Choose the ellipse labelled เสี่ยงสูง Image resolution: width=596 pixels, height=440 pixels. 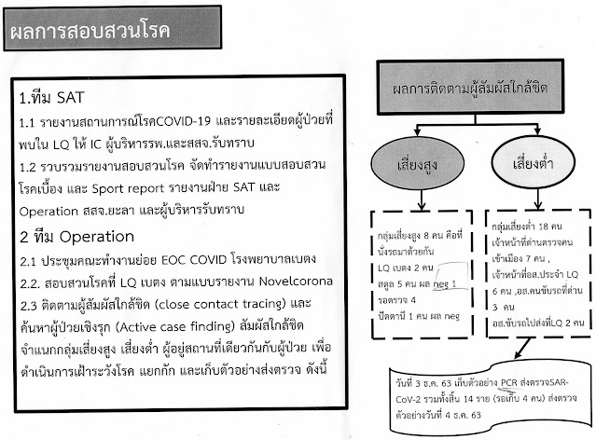coord(410,164)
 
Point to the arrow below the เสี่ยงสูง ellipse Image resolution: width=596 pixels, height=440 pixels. coord(410,198)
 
